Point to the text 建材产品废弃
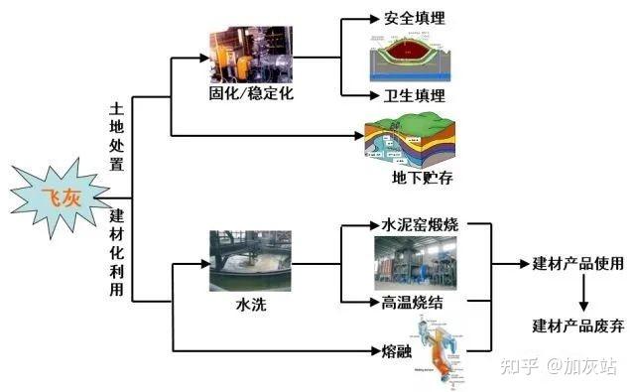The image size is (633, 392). pyautogui.click(x=577, y=325)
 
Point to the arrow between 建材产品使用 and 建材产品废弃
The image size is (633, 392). pyautogui.click(x=583, y=294)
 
